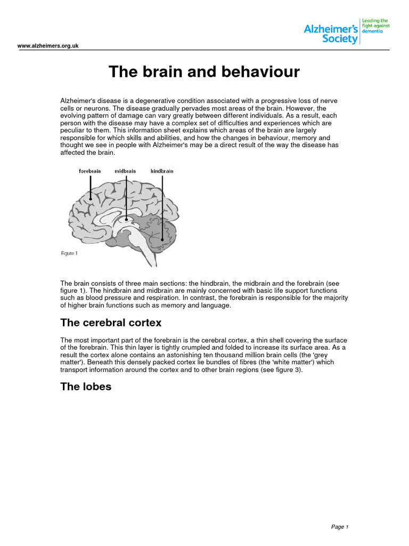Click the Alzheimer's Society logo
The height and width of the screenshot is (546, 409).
[331, 33]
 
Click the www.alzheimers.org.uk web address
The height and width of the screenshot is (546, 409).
[48, 46]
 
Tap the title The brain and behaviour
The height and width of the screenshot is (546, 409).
[204, 71]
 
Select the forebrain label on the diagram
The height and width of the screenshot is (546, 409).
[90, 171]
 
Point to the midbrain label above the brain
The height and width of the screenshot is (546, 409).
[125, 171]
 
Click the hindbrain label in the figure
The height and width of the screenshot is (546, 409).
[162, 171]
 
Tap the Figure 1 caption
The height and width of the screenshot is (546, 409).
[69, 253]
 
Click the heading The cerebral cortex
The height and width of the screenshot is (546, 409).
[111, 323]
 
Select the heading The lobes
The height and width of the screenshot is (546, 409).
[86, 387]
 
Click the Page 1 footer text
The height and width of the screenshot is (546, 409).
[339, 527]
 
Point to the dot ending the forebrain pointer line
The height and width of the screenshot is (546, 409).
[91, 199]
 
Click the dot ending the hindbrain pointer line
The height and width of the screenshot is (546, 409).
[162, 240]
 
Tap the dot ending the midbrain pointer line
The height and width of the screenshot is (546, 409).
[126, 218]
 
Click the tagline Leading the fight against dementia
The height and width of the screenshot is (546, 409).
[374, 26]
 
